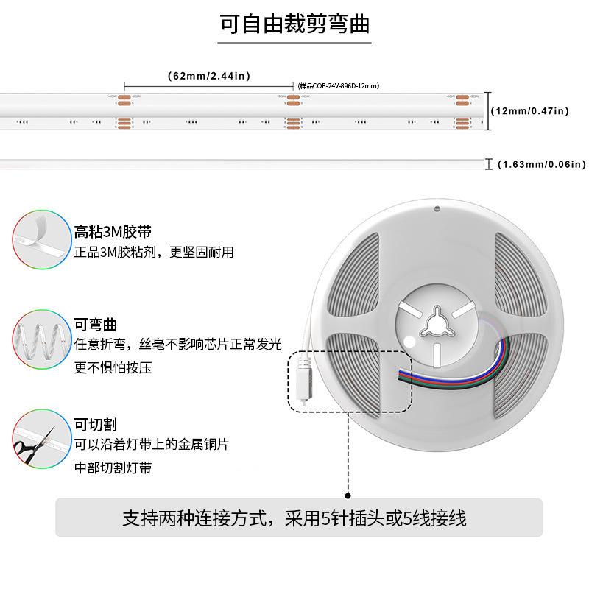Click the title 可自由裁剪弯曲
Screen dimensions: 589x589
294,24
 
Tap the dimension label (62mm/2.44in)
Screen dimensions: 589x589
209,76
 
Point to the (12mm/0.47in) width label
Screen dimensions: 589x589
529,110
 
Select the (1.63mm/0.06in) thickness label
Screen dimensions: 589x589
541,163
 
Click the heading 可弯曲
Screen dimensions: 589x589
96,324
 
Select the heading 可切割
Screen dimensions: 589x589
96,425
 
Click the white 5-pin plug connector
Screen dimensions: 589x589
303,376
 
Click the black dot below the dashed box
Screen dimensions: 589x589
348,497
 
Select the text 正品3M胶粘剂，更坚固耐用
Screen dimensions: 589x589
154,253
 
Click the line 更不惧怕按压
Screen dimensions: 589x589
113,367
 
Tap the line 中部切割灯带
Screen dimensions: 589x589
113,468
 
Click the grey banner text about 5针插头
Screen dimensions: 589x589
294,518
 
